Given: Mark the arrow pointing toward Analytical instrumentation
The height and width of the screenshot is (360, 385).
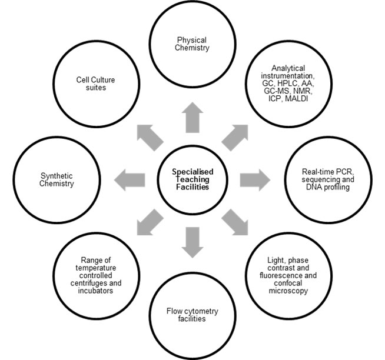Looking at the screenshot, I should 234,135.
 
